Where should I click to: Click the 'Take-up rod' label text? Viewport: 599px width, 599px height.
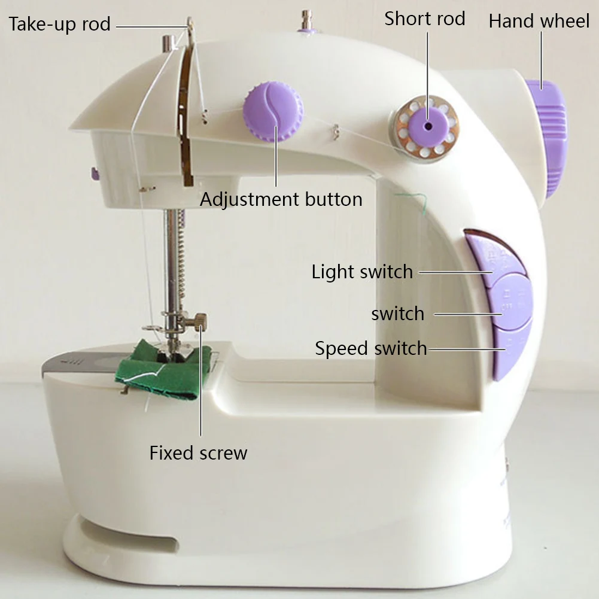[x=60, y=25]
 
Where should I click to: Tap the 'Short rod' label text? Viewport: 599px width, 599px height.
[x=425, y=19]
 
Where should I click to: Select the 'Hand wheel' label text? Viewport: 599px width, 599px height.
[x=539, y=21]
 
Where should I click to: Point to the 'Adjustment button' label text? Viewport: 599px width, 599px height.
[x=281, y=199]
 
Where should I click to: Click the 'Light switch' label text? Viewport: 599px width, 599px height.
[x=362, y=272]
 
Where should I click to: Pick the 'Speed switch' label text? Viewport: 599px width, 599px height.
[x=371, y=348]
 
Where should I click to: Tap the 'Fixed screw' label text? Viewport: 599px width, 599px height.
[x=198, y=452]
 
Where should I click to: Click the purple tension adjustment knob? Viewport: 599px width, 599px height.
[x=273, y=112]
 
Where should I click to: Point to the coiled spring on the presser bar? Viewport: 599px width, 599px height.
[x=180, y=263]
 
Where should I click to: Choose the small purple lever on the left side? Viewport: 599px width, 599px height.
[x=94, y=174]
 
